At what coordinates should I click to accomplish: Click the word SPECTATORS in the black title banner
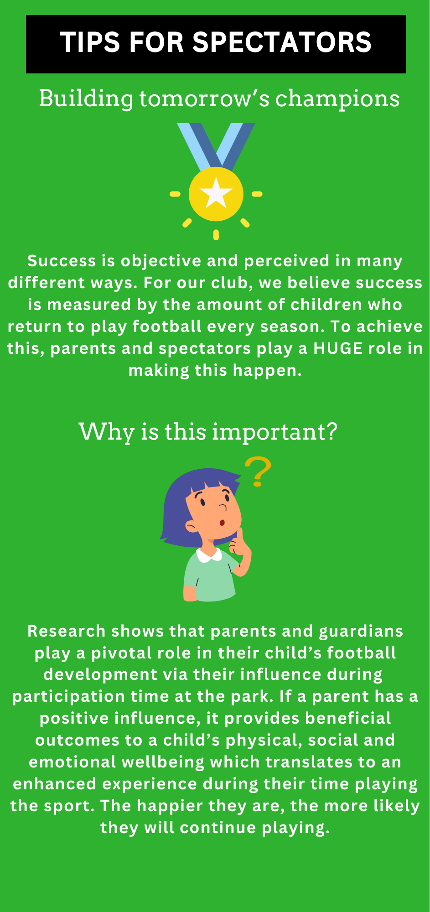282,42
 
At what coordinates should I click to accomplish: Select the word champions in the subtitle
337,99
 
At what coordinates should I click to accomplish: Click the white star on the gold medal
216,193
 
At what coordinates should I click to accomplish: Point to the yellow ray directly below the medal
216,235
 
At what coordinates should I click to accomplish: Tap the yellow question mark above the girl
259,471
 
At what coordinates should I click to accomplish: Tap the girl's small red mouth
222,523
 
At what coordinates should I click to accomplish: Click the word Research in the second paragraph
67,631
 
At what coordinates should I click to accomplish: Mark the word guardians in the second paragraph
361,631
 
